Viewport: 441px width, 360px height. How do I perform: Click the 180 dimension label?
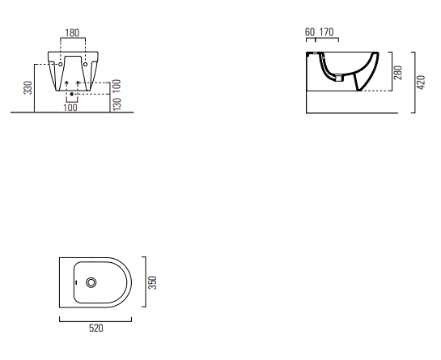tap(72, 33)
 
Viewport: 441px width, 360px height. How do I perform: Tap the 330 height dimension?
tap(28, 87)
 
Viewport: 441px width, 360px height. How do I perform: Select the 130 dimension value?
tap(117, 104)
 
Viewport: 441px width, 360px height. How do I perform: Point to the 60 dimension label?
tap(310, 32)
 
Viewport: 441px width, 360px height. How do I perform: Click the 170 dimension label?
tap(326, 32)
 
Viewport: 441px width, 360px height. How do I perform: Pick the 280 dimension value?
tap(398, 73)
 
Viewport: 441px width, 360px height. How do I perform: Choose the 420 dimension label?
tap(421, 83)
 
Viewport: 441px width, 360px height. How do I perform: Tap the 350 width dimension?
tap(152, 282)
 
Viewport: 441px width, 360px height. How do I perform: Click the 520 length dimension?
tap(96, 328)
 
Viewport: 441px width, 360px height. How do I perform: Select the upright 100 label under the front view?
tap(70, 108)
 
